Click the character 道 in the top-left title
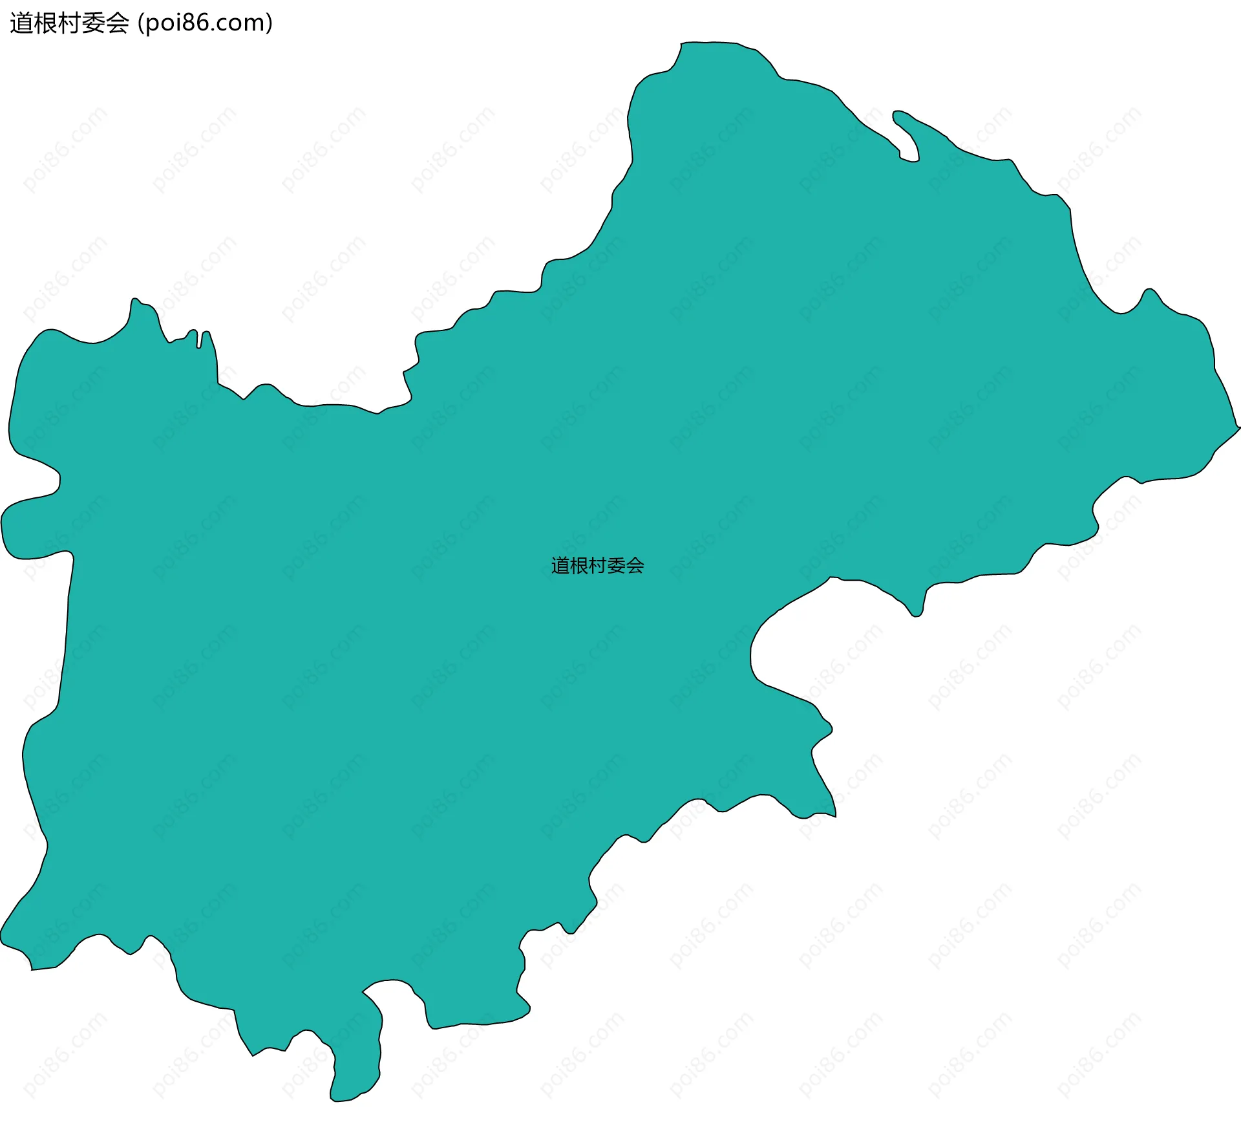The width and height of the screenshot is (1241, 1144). click(x=21, y=24)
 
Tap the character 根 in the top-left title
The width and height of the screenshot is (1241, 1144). click(x=45, y=24)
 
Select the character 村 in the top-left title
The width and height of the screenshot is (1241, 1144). click(x=69, y=24)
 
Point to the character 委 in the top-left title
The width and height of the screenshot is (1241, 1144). click(x=93, y=24)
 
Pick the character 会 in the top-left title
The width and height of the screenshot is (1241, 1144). click(x=117, y=24)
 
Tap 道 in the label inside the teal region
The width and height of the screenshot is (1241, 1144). click(x=560, y=566)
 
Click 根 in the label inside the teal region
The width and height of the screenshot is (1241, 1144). click(x=579, y=566)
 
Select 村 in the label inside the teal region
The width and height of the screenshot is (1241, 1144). click(x=598, y=566)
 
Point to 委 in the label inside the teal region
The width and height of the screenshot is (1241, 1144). click(x=617, y=566)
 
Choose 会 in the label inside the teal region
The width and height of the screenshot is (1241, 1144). click(x=635, y=566)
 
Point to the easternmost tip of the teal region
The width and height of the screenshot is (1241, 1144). click(x=1238, y=427)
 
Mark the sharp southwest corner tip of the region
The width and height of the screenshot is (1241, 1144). click(x=31, y=969)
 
